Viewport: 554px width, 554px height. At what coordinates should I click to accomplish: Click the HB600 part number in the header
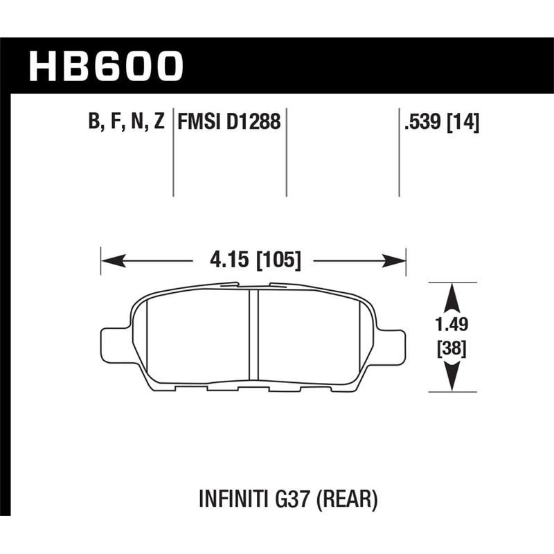105,66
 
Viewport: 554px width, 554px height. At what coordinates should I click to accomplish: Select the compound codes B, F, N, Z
126,123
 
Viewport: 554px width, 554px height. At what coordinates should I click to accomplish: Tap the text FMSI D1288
229,123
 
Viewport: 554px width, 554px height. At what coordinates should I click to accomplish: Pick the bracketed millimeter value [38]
452,349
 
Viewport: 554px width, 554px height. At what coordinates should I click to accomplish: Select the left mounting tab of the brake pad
114,343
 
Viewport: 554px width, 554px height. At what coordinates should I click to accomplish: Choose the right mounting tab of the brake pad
391,343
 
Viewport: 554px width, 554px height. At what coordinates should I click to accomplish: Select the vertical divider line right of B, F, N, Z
173,152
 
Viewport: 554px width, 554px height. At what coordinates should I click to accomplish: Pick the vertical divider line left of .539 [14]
400,152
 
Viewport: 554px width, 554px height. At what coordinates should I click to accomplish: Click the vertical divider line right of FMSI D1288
287,152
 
